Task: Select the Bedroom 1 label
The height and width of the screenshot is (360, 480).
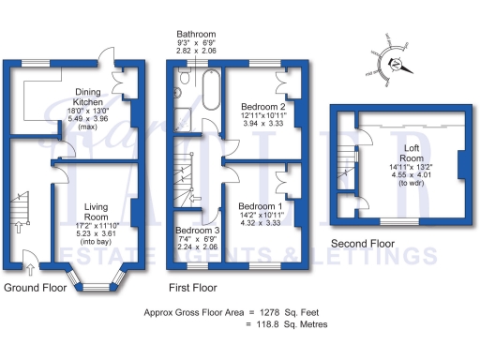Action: [260, 205]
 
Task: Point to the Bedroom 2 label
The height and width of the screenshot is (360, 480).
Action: [263, 106]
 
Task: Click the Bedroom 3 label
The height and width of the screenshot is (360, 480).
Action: [198, 230]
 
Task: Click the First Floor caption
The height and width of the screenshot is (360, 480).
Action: [193, 288]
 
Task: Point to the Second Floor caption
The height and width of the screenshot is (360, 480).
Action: [362, 245]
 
